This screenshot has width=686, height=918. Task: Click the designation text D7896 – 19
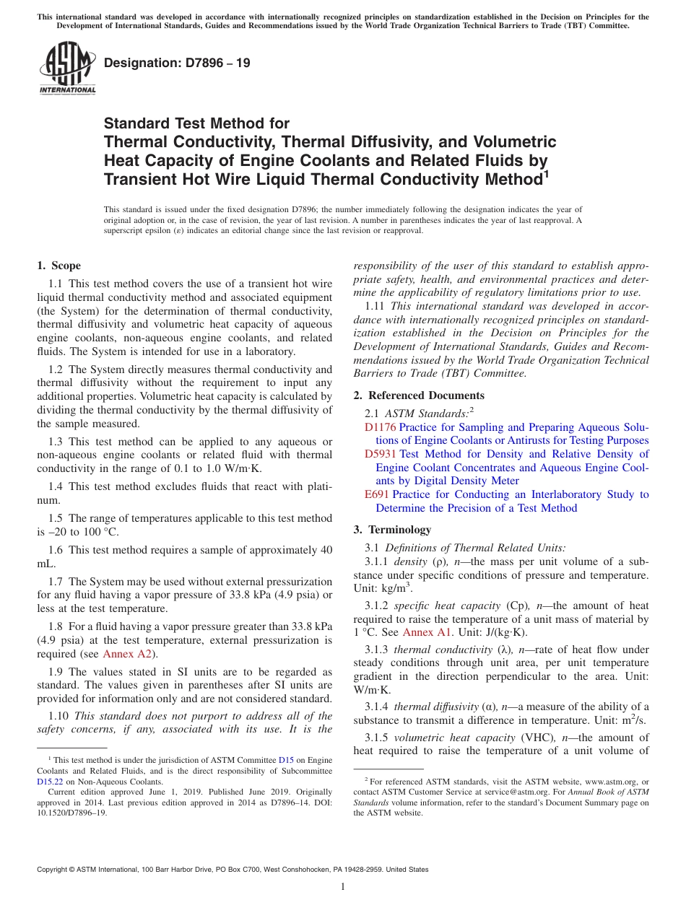tap(177, 63)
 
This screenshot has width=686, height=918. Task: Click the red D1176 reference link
tap(380, 427)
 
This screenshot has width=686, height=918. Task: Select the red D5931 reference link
tap(380, 454)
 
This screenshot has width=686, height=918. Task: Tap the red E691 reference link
tap(377, 494)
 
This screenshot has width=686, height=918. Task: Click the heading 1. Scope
tap(59, 266)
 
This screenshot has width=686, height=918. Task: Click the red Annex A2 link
tap(128, 654)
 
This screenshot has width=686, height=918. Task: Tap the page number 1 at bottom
tap(343, 887)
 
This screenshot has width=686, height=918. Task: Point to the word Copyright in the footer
tap(55, 870)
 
